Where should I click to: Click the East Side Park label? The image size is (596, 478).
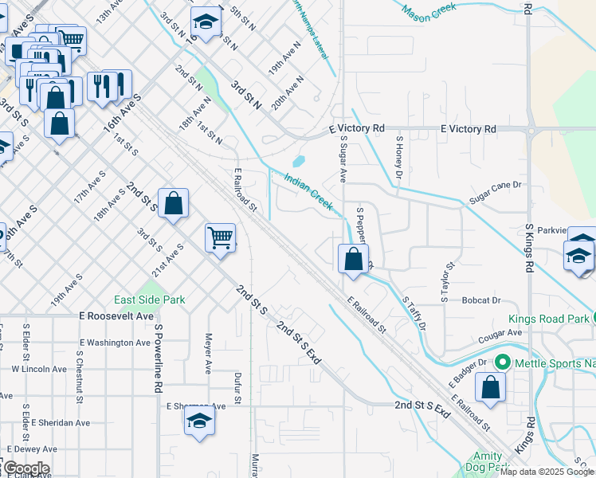coord(149,300)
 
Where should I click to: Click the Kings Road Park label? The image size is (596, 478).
coord(549,319)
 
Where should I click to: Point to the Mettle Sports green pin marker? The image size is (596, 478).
coord(501,362)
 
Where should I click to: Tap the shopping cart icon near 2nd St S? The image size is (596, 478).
coord(220,237)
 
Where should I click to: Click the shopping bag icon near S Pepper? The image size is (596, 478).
coord(353,258)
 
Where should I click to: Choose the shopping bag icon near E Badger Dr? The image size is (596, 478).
coord(491,388)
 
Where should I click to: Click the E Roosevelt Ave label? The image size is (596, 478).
coord(116,315)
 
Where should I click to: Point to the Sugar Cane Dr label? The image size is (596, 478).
coord(494,192)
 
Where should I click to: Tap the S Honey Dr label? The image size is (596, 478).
coord(399,157)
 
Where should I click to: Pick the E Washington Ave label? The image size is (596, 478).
coord(116,343)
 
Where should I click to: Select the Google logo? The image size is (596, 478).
coord(25,468)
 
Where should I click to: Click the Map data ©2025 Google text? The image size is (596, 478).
coord(547,472)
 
